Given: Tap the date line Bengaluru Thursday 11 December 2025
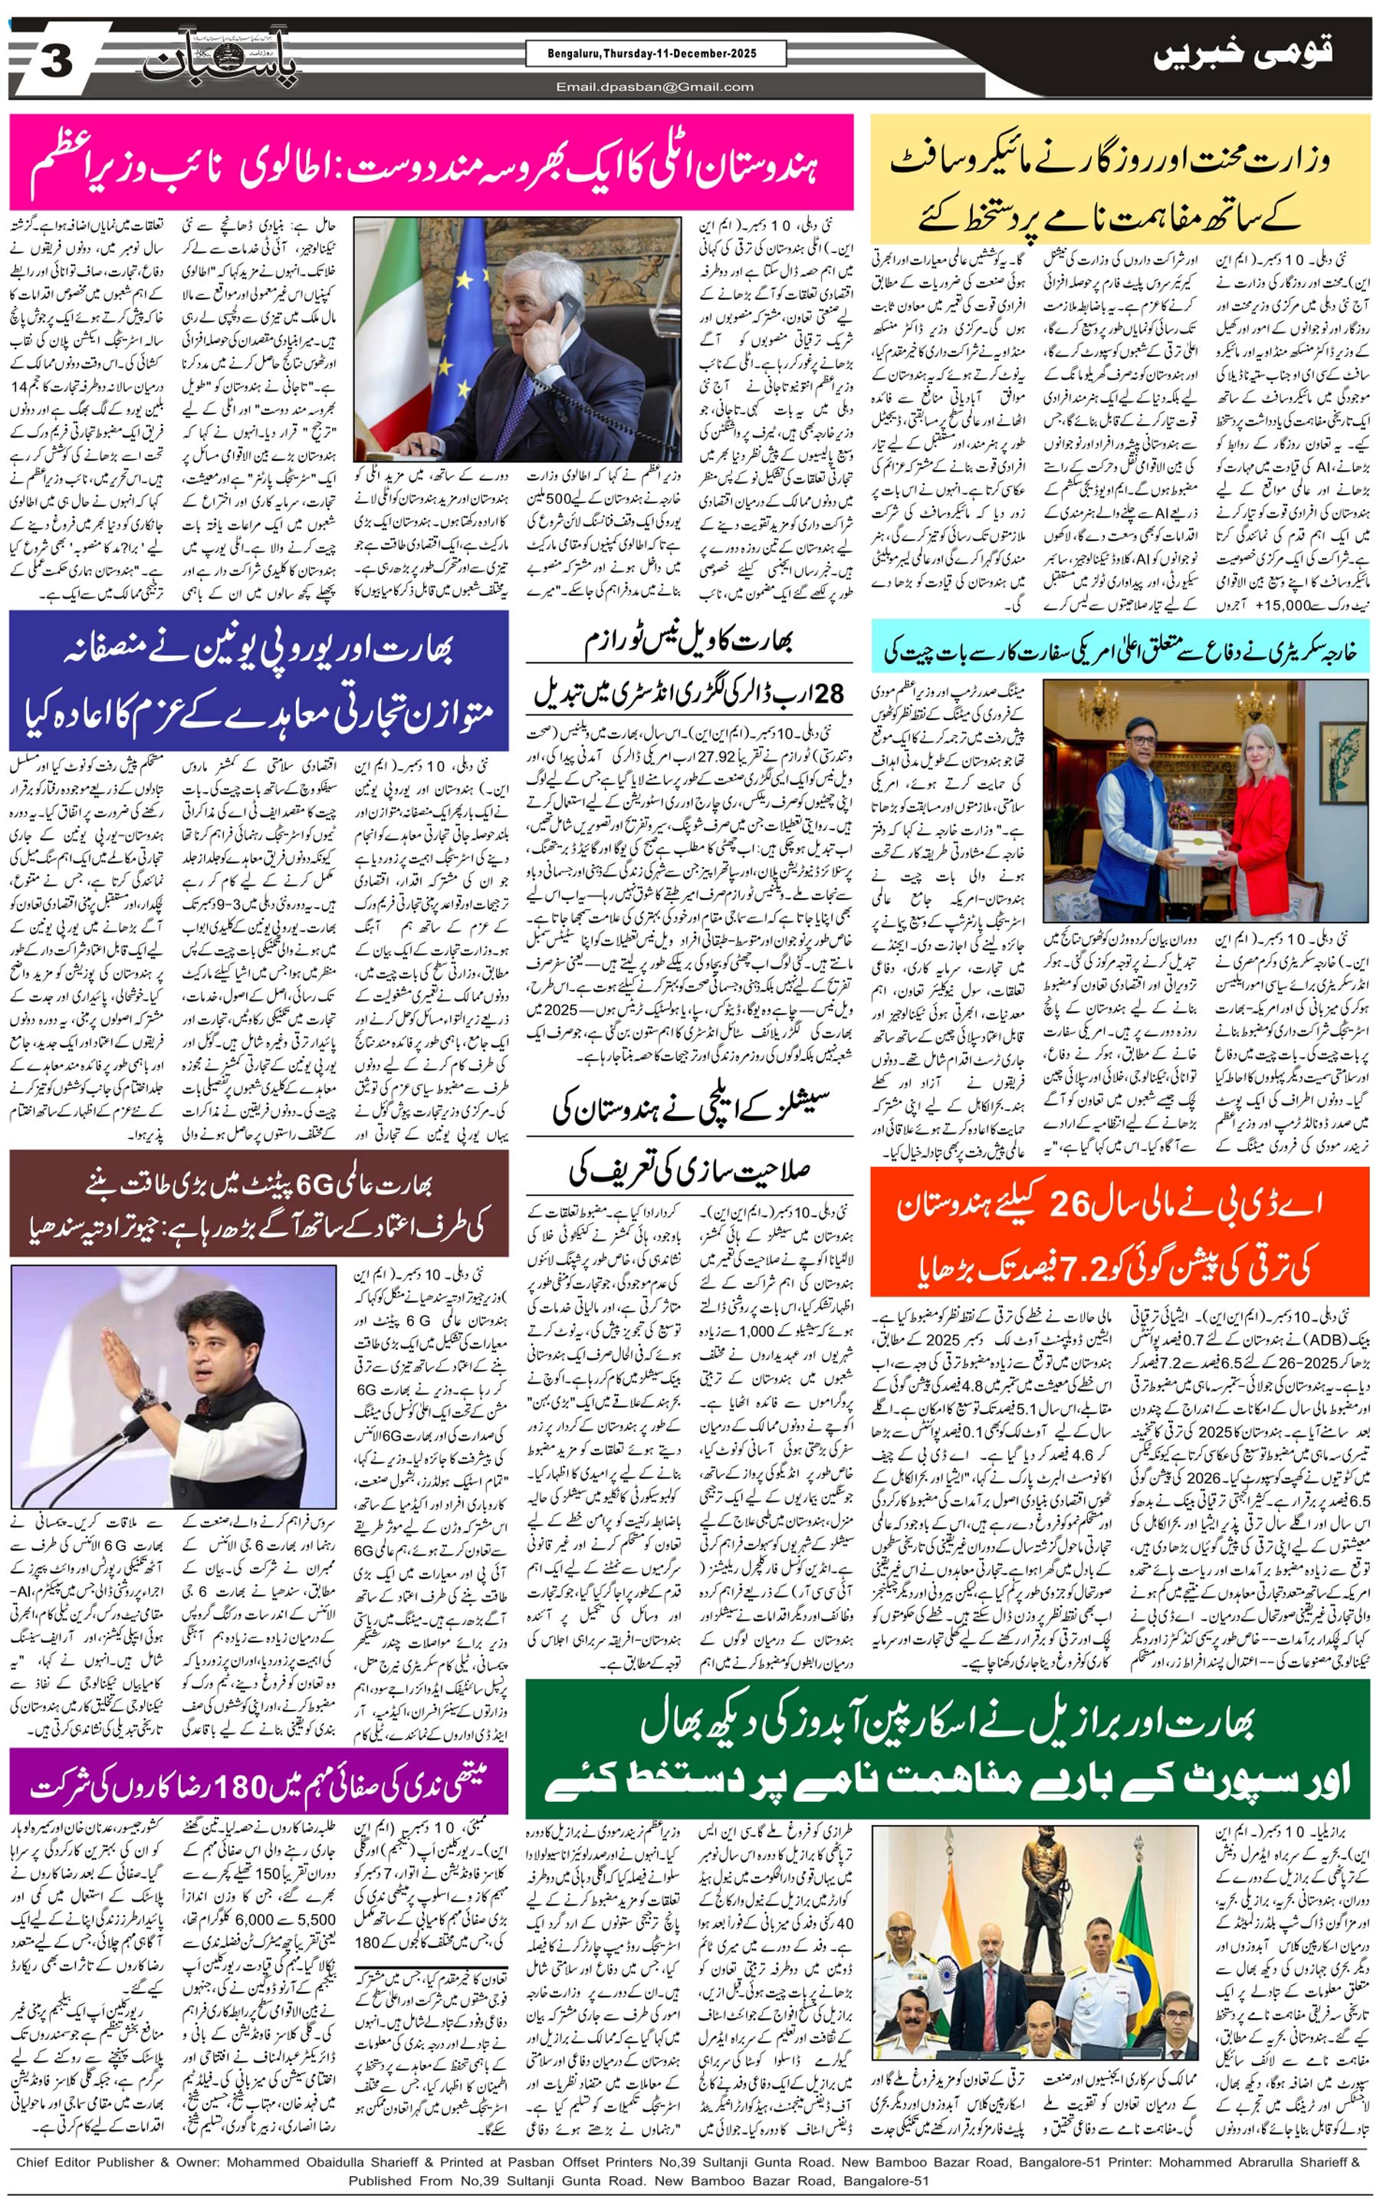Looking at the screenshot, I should pos(654,54).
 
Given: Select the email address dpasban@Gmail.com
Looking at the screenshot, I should pos(654,87).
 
